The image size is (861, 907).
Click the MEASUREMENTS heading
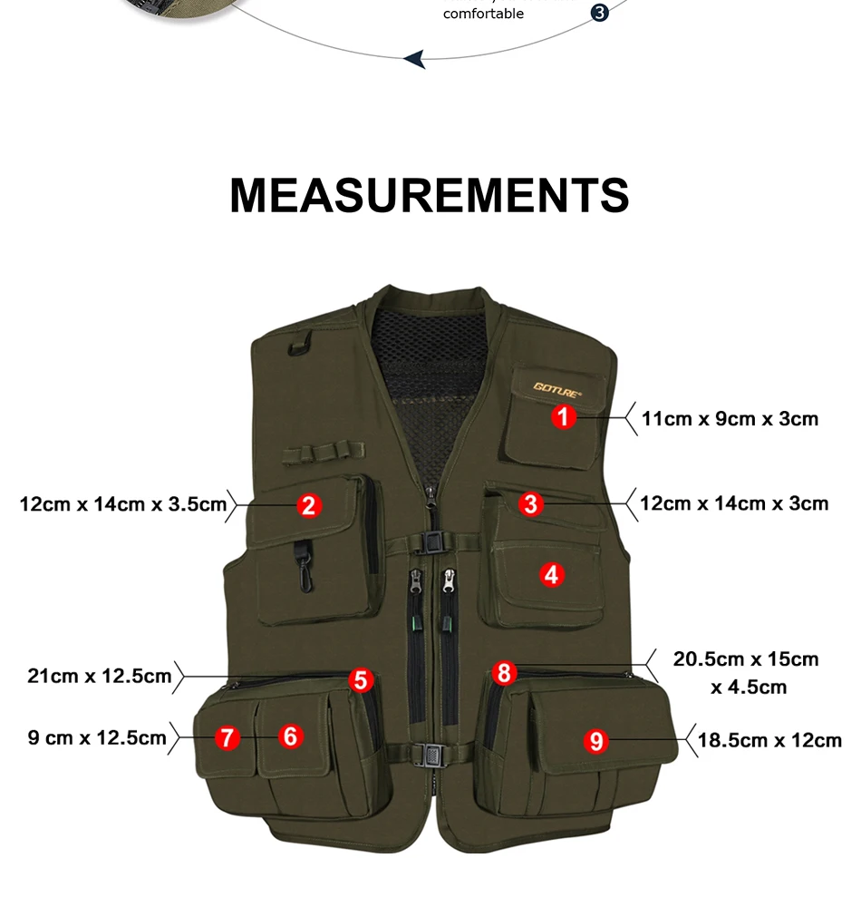click(430, 196)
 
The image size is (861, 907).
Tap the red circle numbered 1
click(564, 416)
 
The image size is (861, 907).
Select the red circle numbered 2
click(309, 505)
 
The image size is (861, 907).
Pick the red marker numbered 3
click(530, 503)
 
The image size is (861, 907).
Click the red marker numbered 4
click(552, 575)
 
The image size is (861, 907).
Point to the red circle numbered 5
click(361, 680)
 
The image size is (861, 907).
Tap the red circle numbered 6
click(291, 736)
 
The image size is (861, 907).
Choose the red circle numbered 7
click(227, 737)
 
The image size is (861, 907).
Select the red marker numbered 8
click(504, 673)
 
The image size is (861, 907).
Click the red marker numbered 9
click(595, 741)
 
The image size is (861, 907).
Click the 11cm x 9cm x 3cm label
click(730, 419)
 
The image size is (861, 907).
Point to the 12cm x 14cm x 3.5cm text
click(123, 504)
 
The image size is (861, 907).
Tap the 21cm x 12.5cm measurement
click(100, 676)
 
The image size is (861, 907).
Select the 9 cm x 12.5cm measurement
click(97, 738)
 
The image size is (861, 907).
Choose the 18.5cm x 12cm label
click(769, 740)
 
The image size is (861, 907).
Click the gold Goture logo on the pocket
click(556, 389)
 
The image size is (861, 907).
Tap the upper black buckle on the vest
click(432, 543)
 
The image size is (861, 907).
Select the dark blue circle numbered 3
click(599, 12)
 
